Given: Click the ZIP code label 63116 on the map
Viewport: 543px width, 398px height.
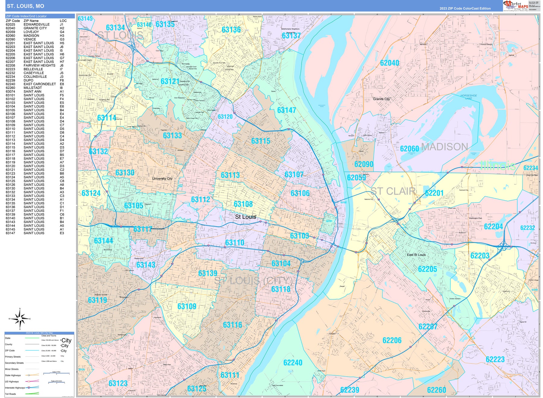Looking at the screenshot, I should [x=232, y=325].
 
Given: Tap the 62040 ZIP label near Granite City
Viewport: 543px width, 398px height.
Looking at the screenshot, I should [x=389, y=63].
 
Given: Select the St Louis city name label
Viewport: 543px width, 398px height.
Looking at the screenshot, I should [x=245, y=217].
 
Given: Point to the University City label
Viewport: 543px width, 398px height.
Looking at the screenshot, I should [x=162, y=179].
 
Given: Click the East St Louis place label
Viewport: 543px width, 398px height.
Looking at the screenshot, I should [x=416, y=255].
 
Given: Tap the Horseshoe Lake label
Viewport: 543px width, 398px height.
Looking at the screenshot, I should [x=468, y=97].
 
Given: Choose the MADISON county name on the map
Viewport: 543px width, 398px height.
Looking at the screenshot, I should [x=444, y=147].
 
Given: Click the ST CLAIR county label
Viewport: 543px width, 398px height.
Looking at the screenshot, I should [x=393, y=191].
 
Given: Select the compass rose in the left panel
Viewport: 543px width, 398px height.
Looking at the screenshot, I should [x=20, y=319].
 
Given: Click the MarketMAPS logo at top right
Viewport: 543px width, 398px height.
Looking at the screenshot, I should [x=516, y=5].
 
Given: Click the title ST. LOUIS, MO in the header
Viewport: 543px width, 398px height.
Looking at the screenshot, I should [x=25, y=6].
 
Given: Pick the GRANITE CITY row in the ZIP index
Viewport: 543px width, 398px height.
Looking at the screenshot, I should [x=35, y=28].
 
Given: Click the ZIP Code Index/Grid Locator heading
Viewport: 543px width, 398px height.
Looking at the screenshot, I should [x=27, y=16].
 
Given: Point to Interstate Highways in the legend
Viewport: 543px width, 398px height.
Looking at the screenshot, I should [x=15, y=388].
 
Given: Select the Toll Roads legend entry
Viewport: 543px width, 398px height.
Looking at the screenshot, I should [x=10, y=394].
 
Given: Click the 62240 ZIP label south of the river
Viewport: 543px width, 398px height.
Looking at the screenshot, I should [x=293, y=363].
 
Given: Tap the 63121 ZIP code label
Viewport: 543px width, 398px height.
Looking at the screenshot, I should [x=170, y=81].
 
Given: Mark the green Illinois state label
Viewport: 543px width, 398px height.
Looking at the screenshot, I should [x=497, y=165].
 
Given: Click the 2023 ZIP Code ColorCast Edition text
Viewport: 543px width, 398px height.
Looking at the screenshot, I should [x=465, y=8].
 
